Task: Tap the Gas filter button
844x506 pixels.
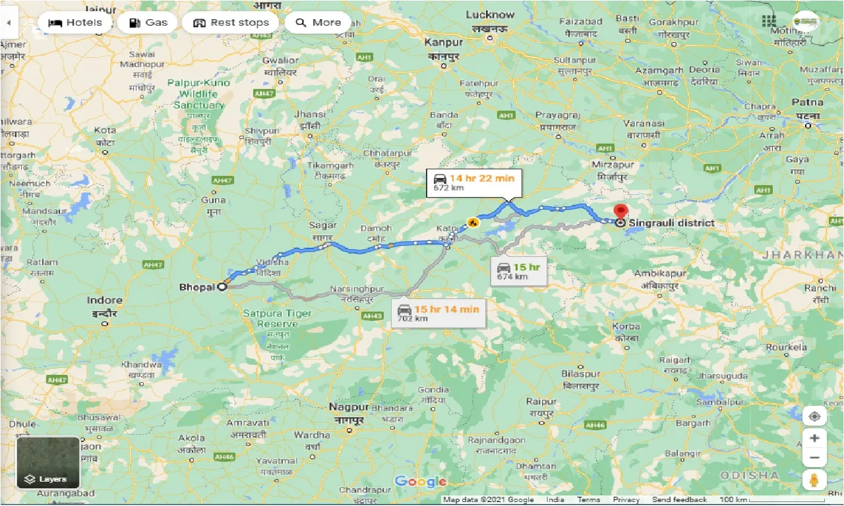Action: [149, 22]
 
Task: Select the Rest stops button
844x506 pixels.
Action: [231, 22]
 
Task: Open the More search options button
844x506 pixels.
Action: [318, 22]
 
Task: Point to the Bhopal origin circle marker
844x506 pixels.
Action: [222, 287]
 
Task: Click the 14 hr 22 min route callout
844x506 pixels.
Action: [474, 183]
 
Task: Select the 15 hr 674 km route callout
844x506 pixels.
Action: [519, 271]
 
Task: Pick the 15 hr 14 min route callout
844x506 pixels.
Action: [438, 313]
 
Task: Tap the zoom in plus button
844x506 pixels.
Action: [815, 438]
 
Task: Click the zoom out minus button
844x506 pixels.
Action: [815, 458]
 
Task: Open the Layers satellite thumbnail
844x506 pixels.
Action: [48, 463]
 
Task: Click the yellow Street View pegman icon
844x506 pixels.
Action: [815, 480]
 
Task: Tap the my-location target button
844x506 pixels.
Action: [815, 416]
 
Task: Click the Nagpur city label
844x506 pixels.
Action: [349, 407]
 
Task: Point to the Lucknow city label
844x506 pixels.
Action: [490, 14]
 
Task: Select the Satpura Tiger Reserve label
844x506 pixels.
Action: [277, 318]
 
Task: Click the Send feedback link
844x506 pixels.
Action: [679, 500]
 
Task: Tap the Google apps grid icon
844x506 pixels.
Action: [769, 21]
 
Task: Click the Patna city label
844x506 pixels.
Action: [807, 103]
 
